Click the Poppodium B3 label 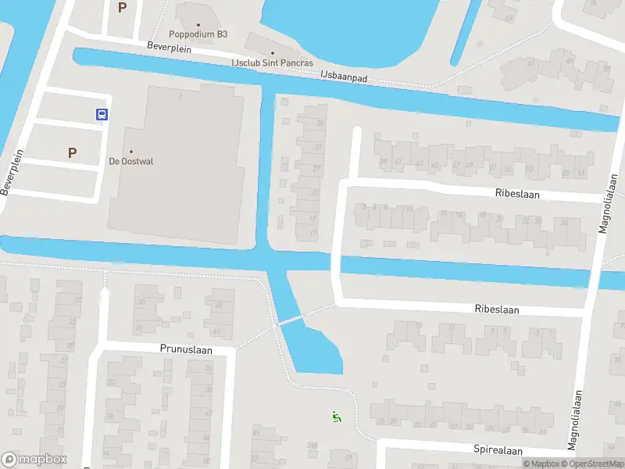tap(198, 34)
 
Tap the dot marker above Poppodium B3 tap(198, 24)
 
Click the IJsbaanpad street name tap(344, 77)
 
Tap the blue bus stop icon tap(102, 114)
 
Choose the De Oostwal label tap(130, 162)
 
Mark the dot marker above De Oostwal tap(130, 152)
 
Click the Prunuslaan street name tap(186, 349)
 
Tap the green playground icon tap(337, 417)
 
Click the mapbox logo tap(34, 460)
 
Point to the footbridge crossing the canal tap(291, 320)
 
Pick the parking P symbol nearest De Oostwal tap(73, 152)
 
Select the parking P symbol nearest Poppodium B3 tap(122, 8)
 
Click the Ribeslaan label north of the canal tap(517, 192)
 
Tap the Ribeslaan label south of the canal tap(497, 310)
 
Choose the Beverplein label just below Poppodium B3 tap(169, 47)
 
